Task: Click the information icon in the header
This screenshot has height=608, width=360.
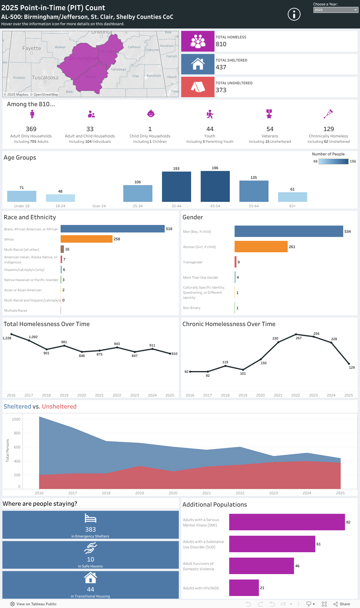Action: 294,14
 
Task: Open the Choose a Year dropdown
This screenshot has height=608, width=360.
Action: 336,10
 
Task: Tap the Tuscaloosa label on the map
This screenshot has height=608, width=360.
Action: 45,78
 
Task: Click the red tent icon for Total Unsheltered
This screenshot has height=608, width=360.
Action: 198,87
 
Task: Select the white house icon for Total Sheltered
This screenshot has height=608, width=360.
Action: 198,64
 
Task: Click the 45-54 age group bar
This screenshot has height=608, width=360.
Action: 215,186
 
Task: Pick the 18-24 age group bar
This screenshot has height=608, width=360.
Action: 60,198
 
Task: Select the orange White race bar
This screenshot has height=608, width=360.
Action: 86,239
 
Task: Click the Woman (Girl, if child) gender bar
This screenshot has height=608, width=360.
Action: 261,247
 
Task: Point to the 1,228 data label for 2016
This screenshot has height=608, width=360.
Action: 7,338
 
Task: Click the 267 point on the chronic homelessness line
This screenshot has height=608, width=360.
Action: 296,334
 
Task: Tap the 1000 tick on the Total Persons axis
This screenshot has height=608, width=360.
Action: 16,419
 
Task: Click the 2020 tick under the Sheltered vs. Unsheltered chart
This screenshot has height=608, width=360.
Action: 173,493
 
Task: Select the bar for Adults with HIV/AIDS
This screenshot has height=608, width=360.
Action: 244,588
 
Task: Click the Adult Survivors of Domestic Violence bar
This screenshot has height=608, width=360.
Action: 261,566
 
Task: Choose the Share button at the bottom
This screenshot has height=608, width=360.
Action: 342,604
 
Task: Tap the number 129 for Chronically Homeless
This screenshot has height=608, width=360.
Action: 328,129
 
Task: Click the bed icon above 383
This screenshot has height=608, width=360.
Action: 90,518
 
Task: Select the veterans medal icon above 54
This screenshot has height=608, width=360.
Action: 269,114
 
